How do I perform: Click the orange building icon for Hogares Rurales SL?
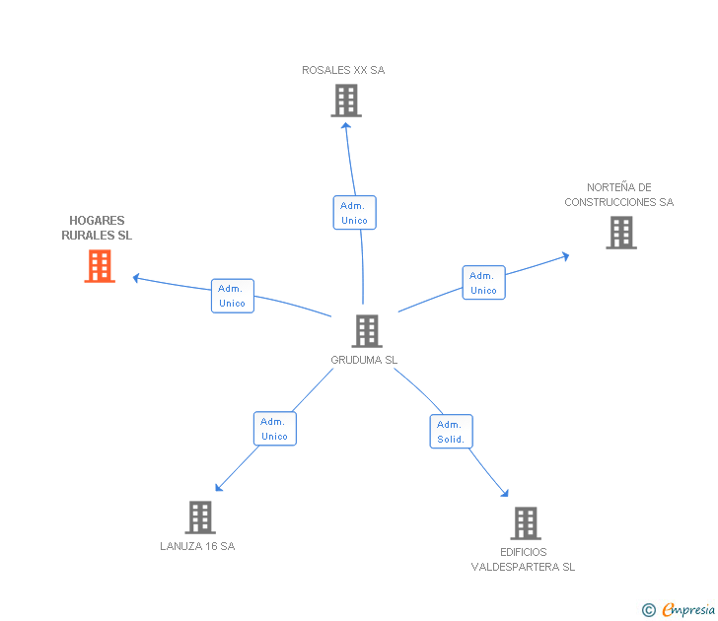pos(100,266)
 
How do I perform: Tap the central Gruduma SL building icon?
pos(367,331)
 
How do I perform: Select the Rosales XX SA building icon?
pos(346,101)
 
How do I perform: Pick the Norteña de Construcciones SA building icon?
pos(621,233)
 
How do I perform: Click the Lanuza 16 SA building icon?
pos(200,517)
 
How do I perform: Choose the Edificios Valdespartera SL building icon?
pos(526,523)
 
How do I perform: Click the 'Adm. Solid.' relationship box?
pos(451,432)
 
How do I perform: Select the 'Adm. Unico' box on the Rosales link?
pos(354,213)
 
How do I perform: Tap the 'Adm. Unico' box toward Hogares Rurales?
pos(233,296)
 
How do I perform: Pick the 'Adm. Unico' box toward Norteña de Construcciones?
pos(483,283)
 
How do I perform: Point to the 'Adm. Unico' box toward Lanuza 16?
pos(274,429)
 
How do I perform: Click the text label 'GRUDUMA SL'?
pos(364,361)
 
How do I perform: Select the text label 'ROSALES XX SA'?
pos(343,70)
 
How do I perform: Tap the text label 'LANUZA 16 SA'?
pos(197,546)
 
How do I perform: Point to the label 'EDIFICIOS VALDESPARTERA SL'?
pos(523,559)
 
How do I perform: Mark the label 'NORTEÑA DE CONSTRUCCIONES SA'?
pos(619,195)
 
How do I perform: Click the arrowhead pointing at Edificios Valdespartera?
pos(505,494)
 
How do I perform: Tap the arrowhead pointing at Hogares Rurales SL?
pos(137,278)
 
